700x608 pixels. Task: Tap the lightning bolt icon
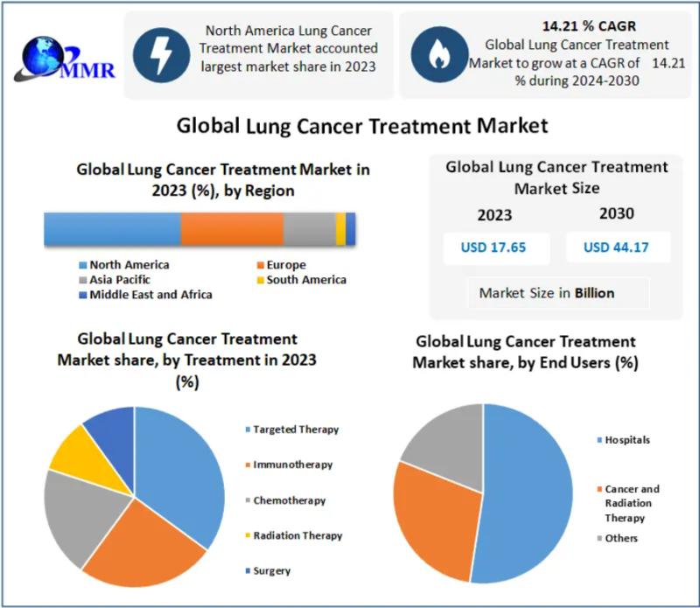(x=162, y=54)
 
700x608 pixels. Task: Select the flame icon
(x=437, y=54)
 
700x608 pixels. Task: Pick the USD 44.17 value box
(x=616, y=248)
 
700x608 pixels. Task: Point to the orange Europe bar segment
(x=232, y=228)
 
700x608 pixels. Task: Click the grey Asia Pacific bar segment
(x=309, y=228)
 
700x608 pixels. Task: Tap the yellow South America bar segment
(x=340, y=228)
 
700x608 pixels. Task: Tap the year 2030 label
(x=617, y=213)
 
